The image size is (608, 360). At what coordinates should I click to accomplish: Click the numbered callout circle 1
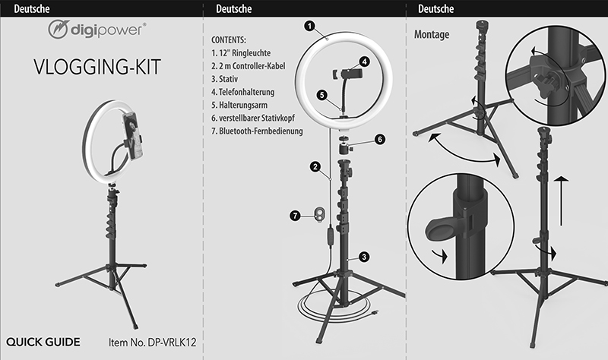coord(309,25)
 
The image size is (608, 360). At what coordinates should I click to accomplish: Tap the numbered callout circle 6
coord(380,140)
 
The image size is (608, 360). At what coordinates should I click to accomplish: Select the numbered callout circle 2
coord(314,166)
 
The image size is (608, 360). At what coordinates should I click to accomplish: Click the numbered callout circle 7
coord(296,216)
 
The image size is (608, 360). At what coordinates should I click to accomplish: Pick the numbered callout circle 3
coord(364,257)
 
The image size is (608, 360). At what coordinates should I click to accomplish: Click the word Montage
coord(432,36)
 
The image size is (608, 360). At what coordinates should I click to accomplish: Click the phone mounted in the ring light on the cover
coord(138,136)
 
